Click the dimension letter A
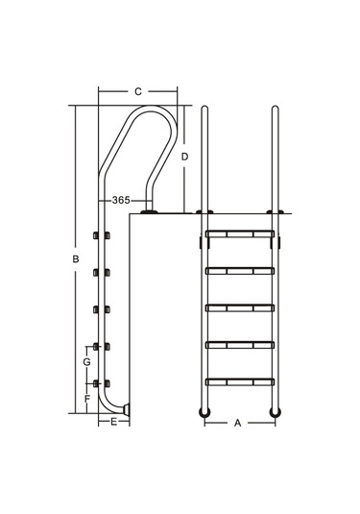point(237,423)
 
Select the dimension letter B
point(76,259)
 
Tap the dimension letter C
point(138,91)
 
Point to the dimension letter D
point(184,157)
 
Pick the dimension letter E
point(113,422)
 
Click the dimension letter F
point(87,399)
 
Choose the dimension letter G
point(86,362)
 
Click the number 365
point(121,200)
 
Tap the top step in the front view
point(240,234)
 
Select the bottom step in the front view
point(240,382)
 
